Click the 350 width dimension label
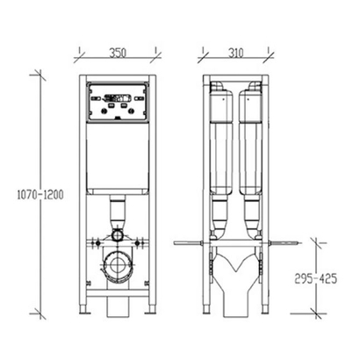point(118,53)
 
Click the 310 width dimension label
point(235,53)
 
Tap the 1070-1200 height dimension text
point(40,195)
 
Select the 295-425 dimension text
point(315,278)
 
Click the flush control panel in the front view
point(118,102)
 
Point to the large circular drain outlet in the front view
point(118,264)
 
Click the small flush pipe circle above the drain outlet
point(118,234)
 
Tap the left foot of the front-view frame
point(83,309)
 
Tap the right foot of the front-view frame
point(152,309)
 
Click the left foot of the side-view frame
point(206,309)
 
